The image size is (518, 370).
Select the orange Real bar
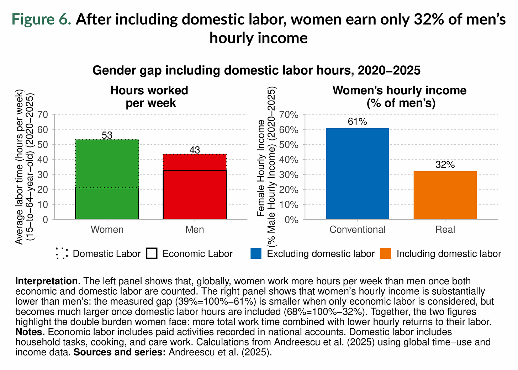click(445, 195)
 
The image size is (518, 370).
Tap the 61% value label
click(357, 122)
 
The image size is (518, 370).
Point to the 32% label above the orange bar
click(445, 165)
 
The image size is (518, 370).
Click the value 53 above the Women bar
click(107, 135)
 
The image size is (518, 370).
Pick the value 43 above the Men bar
click(195, 150)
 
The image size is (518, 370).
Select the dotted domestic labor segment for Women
click(107, 163)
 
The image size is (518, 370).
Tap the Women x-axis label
click(107, 230)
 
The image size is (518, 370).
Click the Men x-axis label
click(195, 230)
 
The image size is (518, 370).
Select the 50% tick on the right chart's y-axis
click(289, 145)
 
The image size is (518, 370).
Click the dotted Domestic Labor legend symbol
click(62, 254)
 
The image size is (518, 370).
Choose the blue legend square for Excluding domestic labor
click(256, 254)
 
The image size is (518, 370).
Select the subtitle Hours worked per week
click(149, 97)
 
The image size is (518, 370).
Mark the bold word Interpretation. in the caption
click(48, 281)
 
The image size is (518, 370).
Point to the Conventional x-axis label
click(357, 230)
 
